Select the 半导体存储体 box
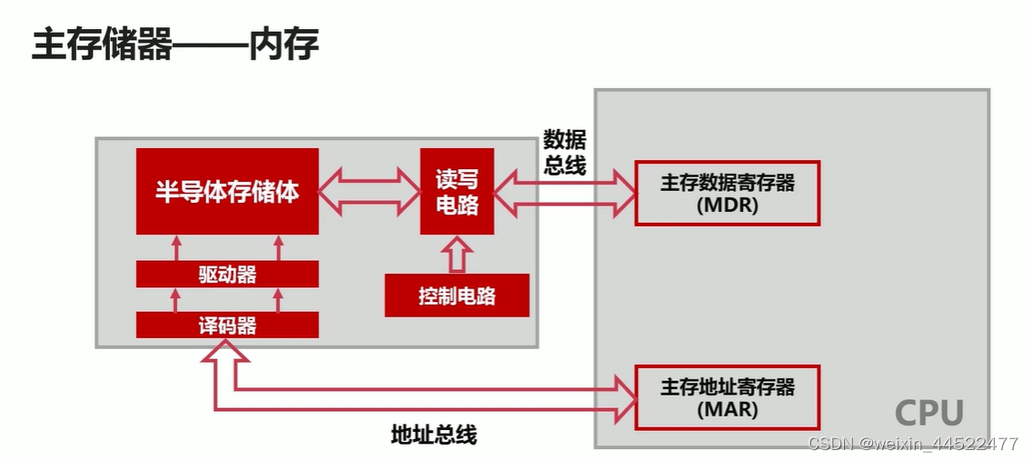227,192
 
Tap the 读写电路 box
457,192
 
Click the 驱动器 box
227,275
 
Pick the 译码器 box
227,326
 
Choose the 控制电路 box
457,296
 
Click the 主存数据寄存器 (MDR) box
728,193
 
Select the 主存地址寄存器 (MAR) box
728,397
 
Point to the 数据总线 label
564,152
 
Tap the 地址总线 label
433,435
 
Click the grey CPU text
928,413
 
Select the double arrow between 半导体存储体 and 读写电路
370,192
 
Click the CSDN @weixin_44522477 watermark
913,445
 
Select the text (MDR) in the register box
728,205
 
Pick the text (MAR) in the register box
728,409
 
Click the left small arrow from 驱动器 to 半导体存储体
176,247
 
